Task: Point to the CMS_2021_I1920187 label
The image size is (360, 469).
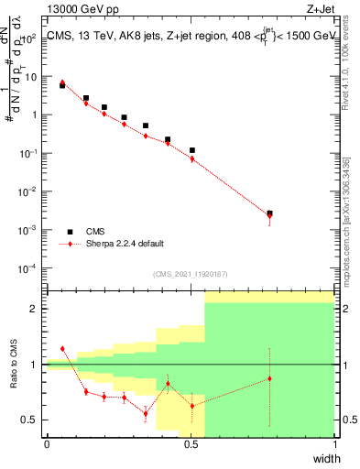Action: coord(191,274)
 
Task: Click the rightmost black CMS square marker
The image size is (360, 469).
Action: coord(269,213)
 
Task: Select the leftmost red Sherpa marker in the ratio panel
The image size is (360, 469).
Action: coord(62,349)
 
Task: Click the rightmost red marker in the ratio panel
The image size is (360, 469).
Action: coord(269,378)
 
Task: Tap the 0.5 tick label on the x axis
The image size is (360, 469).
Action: coord(191,443)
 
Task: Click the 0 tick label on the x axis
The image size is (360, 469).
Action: coord(47,443)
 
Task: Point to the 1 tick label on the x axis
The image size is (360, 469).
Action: coord(334,443)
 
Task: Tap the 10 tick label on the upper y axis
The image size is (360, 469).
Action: coord(33,77)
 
